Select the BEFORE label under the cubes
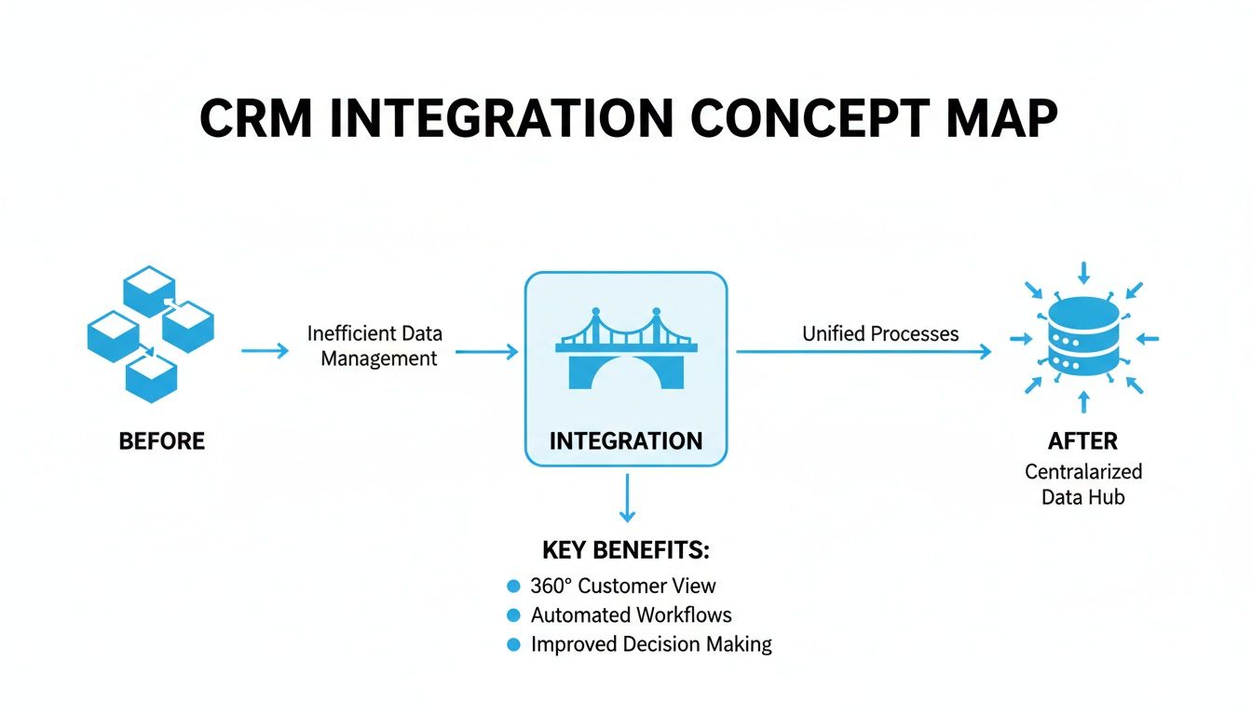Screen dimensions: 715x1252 click(x=162, y=440)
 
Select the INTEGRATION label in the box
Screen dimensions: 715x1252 click(x=626, y=440)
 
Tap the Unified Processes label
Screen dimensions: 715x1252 click(x=880, y=333)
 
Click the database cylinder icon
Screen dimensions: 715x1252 click(x=1082, y=339)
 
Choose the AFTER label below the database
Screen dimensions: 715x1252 click(x=1082, y=440)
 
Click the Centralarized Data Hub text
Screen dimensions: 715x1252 click(x=1082, y=484)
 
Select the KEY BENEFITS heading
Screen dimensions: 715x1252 click(x=626, y=550)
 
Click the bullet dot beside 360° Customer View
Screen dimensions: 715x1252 click(x=512, y=587)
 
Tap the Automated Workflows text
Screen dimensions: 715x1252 click(x=631, y=615)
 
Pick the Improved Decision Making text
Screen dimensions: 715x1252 click(x=651, y=644)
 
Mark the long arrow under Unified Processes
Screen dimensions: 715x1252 click(x=864, y=352)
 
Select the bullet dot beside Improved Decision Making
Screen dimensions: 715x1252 click(x=512, y=644)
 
